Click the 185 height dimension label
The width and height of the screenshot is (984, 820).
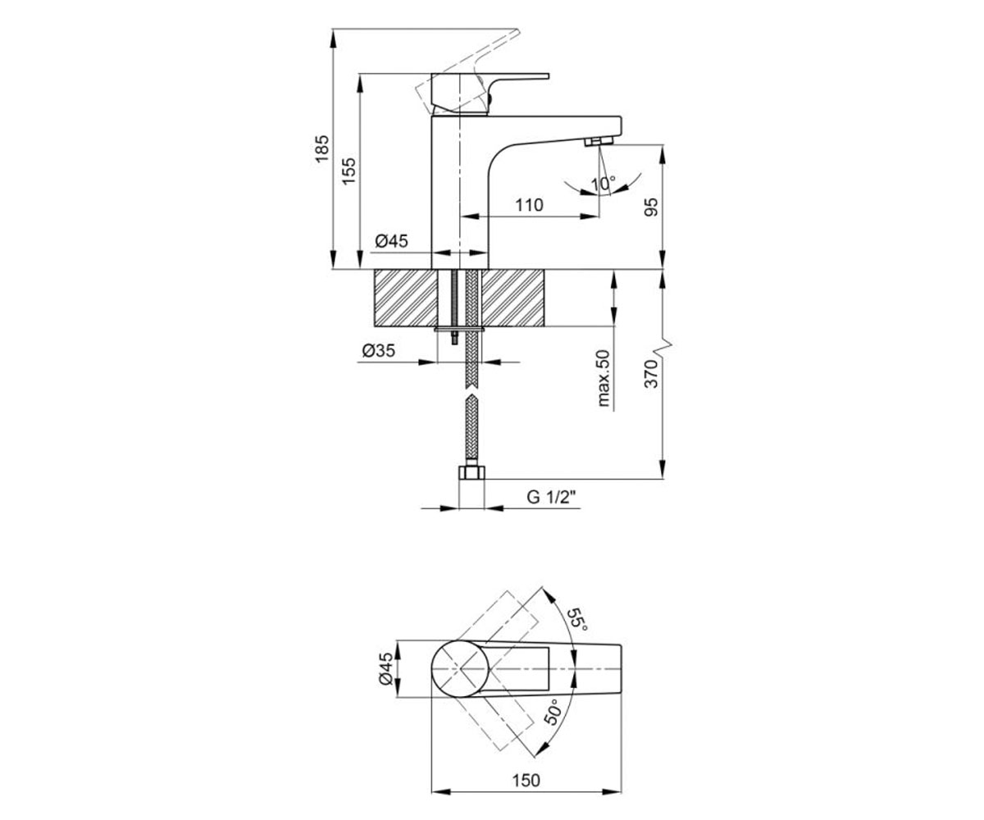[x=322, y=149]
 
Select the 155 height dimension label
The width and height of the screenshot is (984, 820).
[x=348, y=171]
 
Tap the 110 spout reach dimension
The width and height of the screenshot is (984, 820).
[x=529, y=205]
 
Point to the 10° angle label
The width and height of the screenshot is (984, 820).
[x=604, y=184]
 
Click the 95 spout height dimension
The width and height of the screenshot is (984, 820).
[x=651, y=207]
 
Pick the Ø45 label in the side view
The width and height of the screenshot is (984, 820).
[x=392, y=241]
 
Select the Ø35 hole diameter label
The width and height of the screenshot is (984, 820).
[x=378, y=351]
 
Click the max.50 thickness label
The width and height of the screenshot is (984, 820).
[x=604, y=378]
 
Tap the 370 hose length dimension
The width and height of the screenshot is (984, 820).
[x=651, y=374]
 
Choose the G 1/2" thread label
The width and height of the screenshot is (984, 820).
[x=551, y=497]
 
